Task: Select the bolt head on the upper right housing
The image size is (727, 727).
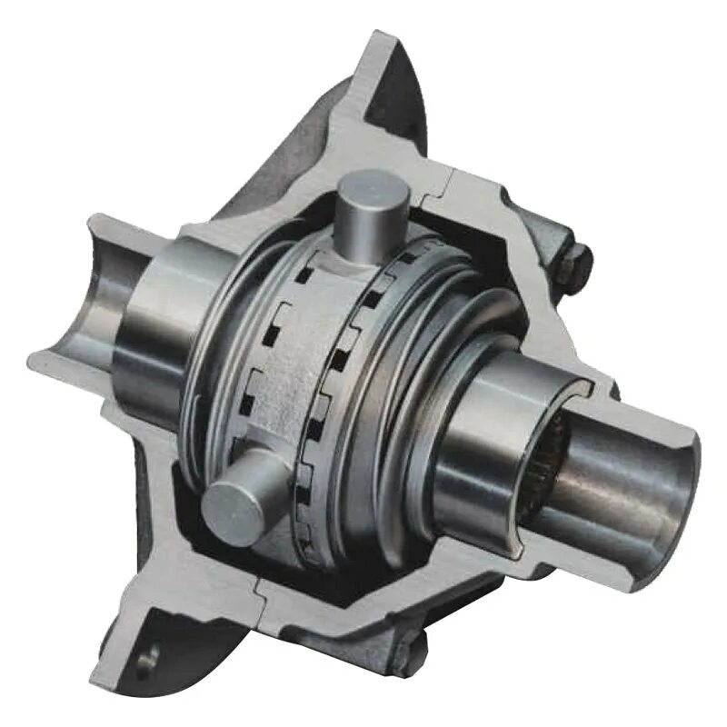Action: [x=574, y=264]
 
